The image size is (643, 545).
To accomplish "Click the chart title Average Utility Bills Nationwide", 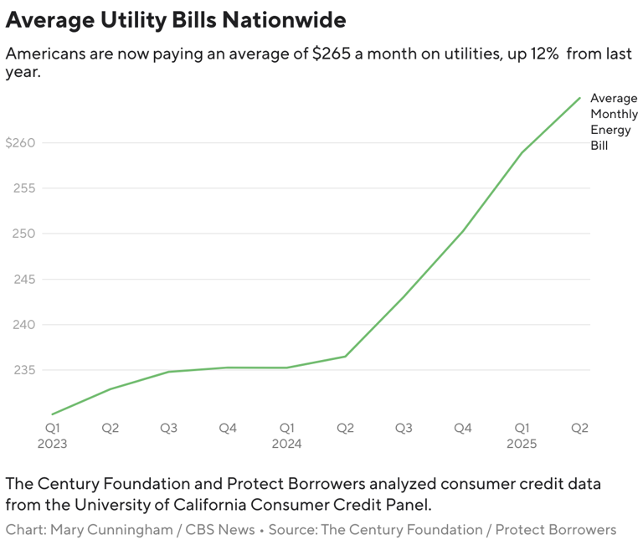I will point(176,19).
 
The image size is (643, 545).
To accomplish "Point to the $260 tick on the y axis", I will point(20,143).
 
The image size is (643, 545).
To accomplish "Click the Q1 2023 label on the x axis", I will point(52,435).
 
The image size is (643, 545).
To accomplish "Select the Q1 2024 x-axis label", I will point(286,435).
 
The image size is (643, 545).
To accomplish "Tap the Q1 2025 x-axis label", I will point(521,435).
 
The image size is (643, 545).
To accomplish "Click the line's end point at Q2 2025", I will point(580,98).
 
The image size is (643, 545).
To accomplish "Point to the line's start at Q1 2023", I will point(52,414).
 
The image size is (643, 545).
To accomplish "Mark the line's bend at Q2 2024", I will point(345,357).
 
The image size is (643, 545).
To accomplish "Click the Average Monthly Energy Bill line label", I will point(613,121).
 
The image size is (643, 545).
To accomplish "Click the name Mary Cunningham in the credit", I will point(124,530).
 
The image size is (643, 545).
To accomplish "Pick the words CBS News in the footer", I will point(225,530).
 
